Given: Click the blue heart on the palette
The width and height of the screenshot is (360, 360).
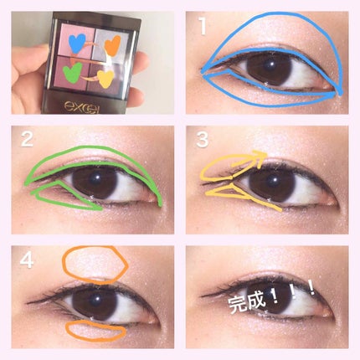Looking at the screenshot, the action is (77, 44).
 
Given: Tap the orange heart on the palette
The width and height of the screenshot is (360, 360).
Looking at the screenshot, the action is (113, 45).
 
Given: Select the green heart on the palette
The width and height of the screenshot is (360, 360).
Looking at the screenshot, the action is (72, 72).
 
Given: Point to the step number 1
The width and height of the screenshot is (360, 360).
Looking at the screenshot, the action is (201, 26).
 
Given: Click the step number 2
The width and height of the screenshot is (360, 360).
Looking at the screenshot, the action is (27, 139).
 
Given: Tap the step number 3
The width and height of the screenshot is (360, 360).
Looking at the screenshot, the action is (202, 140).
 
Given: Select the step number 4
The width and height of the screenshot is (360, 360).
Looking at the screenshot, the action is (27, 261).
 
